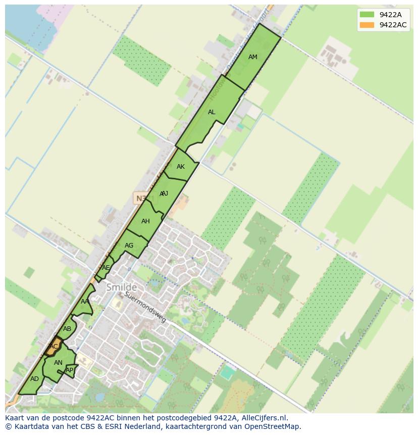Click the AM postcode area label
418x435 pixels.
[253, 57]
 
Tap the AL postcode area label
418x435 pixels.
[212, 112]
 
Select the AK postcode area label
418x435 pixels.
[181, 167]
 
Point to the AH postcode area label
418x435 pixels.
[145, 221]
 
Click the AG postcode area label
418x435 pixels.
[129, 246]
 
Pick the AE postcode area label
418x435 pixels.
[106, 268]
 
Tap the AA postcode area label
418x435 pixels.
[85, 301]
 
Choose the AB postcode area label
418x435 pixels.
[67, 329]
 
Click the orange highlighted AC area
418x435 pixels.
[54, 346]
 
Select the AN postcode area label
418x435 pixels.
[58, 363]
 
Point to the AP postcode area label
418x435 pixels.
[70, 370]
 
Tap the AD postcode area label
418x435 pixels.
[34, 379]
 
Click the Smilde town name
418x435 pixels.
[121, 287]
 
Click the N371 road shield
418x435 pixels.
[142, 198]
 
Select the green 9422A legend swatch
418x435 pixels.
[367, 15]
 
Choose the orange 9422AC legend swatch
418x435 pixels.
[367, 25]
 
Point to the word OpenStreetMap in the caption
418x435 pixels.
[275, 426]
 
